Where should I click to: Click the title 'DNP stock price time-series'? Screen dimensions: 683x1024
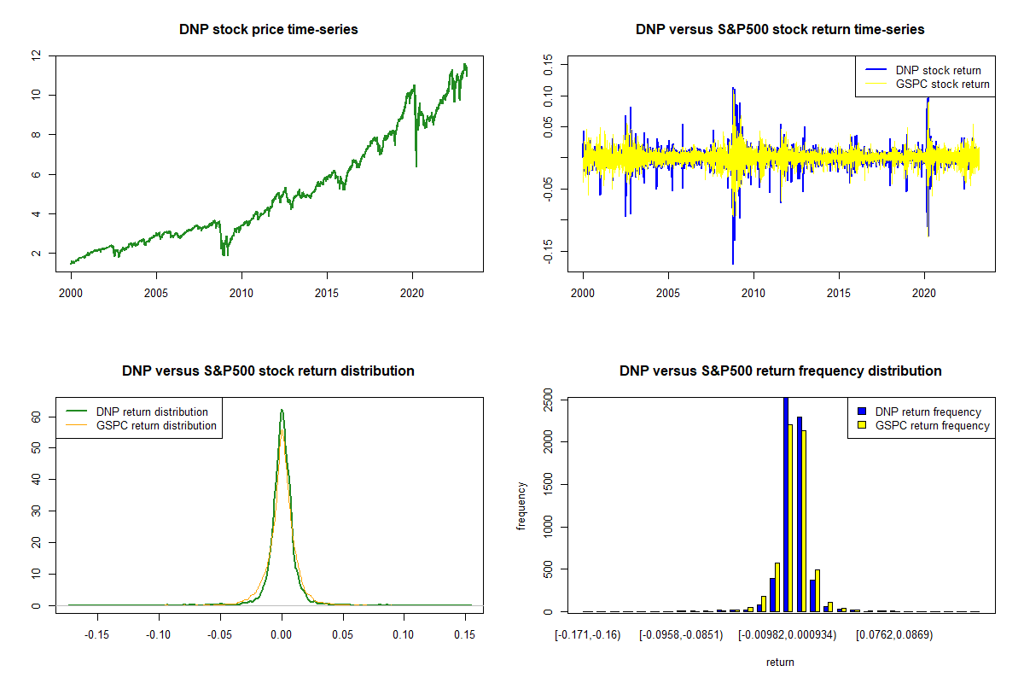268,29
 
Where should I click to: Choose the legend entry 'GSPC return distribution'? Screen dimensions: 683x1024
156,425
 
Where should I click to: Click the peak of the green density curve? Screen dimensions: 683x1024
282,411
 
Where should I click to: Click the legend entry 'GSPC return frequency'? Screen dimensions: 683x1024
932,425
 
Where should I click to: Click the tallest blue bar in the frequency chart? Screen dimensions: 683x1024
785,504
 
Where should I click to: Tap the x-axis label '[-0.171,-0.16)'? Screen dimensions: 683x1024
587,634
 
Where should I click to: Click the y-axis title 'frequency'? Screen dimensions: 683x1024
521,506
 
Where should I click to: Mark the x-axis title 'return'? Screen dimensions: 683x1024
780,662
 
